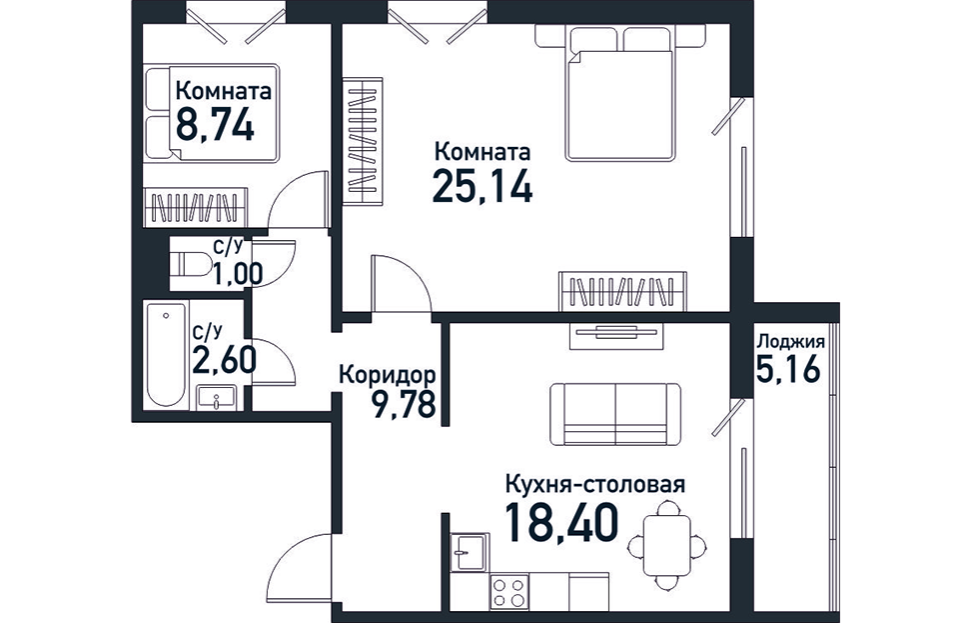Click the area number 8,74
(215, 126)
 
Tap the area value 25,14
(483, 185)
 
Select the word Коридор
(388, 375)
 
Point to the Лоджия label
(791, 343)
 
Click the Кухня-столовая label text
(595, 484)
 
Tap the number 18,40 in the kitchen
(562, 523)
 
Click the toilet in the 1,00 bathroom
(190, 264)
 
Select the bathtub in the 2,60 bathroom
(166, 354)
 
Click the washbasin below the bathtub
(216, 397)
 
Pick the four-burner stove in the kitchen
(509, 591)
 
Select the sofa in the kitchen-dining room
(615, 414)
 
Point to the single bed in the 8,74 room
(211, 113)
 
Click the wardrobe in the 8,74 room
(196, 208)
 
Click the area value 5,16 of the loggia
(788, 370)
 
